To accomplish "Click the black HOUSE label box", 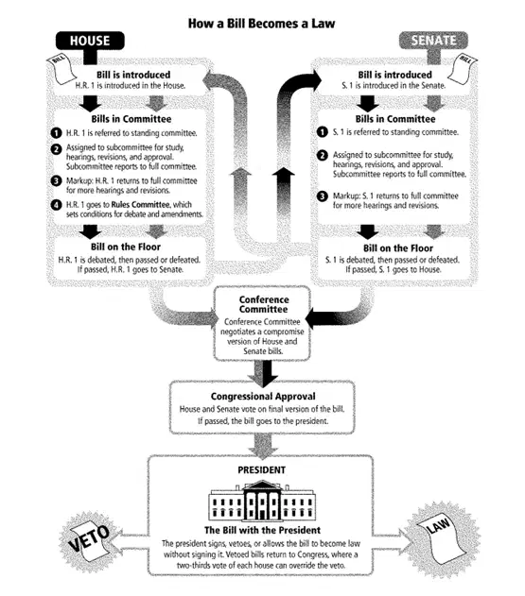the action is point(90,41).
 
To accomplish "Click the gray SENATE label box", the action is point(433,41).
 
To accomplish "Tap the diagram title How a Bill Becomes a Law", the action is point(261,24).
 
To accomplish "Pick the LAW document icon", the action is point(442,538).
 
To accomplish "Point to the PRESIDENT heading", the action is point(261,470).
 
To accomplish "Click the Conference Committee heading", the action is point(264,304).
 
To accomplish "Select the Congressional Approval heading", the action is point(263,397).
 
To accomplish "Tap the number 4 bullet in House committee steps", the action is point(56,205).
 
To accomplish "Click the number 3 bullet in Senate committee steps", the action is point(322,196).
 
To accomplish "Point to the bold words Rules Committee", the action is point(140,205).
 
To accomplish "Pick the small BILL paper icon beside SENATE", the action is point(463,69).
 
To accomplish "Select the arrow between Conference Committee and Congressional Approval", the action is point(263,373).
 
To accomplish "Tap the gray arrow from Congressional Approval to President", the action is point(263,446).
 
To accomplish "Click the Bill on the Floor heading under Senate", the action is point(398,248).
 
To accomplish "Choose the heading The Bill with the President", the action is point(262,530).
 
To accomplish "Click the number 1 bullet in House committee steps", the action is point(56,133).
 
